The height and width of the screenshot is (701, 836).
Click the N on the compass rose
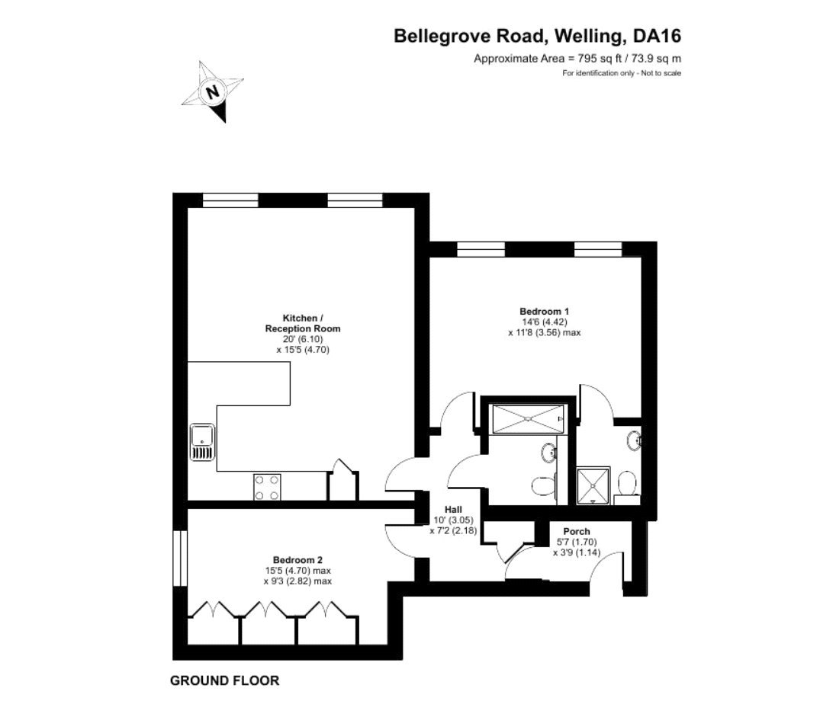[213, 92]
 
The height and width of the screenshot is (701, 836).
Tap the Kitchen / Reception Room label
[301, 323]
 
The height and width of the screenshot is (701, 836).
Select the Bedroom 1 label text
[544, 311]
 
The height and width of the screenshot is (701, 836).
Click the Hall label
[452, 511]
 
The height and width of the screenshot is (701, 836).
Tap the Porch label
[576, 532]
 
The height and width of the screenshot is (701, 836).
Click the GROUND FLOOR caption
[224, 680]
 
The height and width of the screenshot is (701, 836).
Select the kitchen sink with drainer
[202, 443]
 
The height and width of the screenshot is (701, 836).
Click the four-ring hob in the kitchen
[267, 487]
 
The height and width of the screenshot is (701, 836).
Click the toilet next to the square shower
[627, 483]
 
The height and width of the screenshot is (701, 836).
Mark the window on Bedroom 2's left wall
[180, 558]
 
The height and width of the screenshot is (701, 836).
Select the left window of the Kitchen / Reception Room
[231, 200]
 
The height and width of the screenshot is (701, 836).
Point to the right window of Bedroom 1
[598, 248]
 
